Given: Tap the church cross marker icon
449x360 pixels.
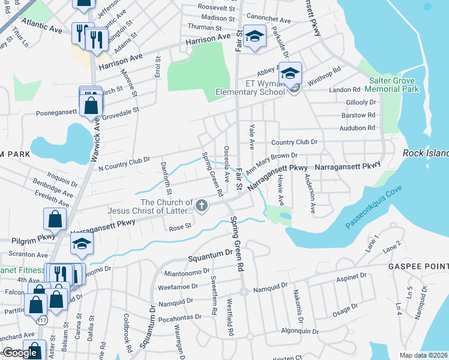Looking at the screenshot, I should [202, 206].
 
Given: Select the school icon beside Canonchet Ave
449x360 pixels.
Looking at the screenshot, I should [255, 37].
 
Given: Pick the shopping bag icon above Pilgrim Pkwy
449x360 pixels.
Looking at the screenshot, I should [55, 220].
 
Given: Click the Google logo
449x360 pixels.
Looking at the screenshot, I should [20, 353].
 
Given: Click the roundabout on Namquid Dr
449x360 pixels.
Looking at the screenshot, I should [244, 292].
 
